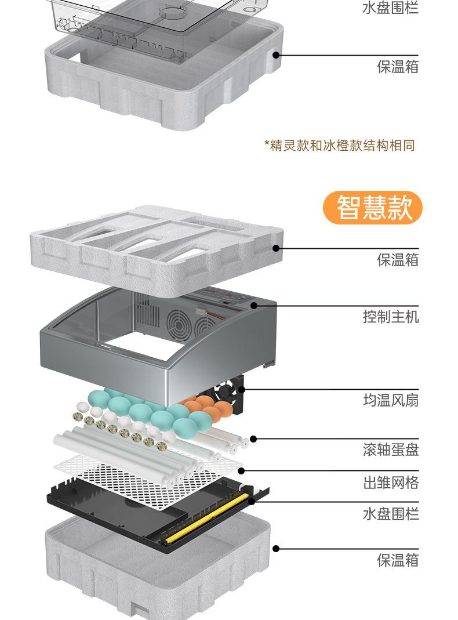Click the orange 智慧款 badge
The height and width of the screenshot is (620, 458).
[x=373, y=208]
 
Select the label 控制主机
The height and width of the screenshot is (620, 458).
[x=390, y=317]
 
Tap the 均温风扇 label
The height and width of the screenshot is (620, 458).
[x=390, y=400]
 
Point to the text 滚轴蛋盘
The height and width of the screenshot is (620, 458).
[x=390, y=449]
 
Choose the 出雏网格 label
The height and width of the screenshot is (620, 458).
[x=390, y=483]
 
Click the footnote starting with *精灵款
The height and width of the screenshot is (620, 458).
[x=340, y=145]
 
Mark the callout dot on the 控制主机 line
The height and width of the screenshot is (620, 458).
[x=254, y=306]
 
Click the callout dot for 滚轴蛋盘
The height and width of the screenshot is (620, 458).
[x=253, y=439]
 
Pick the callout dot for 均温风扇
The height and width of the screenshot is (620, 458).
[x=241, y=390]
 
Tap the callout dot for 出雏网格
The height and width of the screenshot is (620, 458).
[x=241, y=470]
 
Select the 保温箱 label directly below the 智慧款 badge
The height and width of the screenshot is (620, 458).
[x=397, y=260]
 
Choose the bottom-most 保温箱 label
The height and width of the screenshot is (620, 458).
[x=397, y=560]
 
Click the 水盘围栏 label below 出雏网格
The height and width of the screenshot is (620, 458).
[x=390, y=514]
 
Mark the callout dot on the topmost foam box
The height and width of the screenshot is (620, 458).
[x=276, y=55]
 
